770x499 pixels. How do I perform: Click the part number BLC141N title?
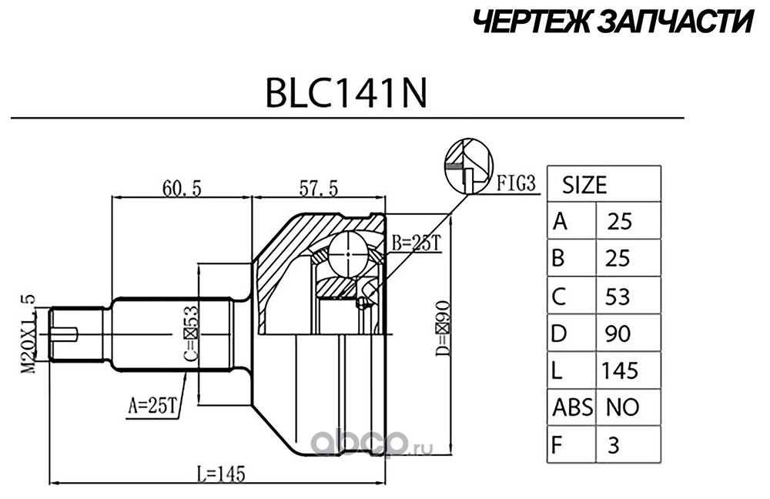[346, 93]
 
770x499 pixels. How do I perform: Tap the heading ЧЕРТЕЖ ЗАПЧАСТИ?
[614, 22]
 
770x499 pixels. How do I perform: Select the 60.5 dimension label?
[182, 188]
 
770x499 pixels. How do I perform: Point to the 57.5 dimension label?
[319, 188]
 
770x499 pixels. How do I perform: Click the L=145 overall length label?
[220, 474]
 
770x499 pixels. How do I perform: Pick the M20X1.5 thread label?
[28, 333]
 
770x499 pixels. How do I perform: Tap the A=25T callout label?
[152, 406]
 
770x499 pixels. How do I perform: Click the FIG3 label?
[515, 183]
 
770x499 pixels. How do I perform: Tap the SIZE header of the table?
[584, 185]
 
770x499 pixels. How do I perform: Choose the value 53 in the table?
[618, 296]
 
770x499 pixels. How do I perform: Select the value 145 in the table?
[620, 370]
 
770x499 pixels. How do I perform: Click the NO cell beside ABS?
[623, 407]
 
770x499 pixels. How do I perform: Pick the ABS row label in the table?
[573, 407]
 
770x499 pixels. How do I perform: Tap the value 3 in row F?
[614, 445]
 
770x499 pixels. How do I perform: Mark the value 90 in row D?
[618, 333]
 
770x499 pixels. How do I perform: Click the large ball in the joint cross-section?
[348, 254]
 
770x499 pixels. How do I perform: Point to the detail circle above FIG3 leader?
[469, 166]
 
